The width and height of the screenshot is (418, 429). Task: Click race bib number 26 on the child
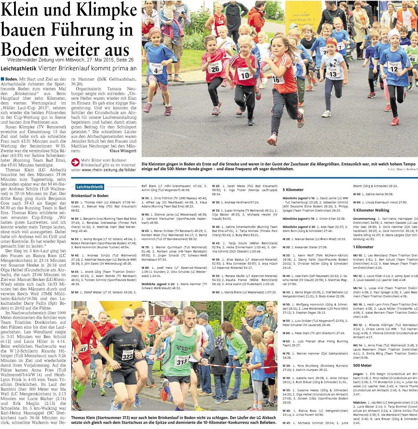[215, 69]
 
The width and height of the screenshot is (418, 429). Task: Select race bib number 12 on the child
[394, 69]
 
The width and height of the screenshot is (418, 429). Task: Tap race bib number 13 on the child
[332, 75]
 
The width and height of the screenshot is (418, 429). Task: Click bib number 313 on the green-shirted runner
[182, 360]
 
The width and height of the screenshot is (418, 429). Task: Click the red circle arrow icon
[75, 162]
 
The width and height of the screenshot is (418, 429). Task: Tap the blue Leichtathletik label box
[90, 187]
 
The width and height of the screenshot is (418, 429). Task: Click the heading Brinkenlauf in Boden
[89, 196]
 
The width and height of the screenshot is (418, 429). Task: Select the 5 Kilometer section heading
[293, 190]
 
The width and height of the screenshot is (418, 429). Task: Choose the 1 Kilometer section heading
[363, 247]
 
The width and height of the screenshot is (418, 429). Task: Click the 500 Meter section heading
[362, 365]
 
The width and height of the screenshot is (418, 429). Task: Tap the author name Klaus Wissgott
[123, 151]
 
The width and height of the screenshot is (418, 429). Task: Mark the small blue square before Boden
[3, 79]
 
